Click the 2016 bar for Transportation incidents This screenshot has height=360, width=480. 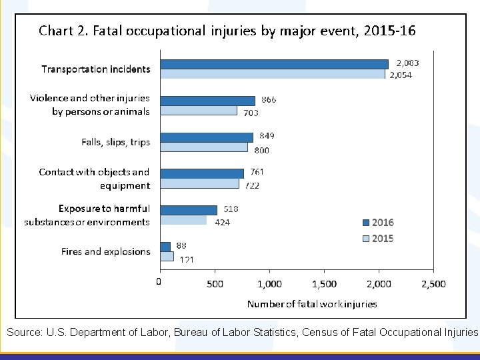(x=274, y=64)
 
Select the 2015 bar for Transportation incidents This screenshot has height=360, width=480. (x=273, y=74)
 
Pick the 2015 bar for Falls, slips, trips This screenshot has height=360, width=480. (x=204, y=147)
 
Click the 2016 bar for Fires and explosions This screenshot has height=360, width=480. (x=165, y=247)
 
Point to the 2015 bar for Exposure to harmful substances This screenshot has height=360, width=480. (x=183, y=220)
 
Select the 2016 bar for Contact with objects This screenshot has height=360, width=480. (x=202, y=173)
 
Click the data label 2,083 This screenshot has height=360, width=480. (x=408, y=62)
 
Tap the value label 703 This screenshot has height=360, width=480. (x=251, y=113)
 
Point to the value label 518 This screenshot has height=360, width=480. (x=231, y=209)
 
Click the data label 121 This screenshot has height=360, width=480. (x=186, y=260)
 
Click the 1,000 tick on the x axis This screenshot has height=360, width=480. (x=269, y=284)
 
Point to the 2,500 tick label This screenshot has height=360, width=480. (x=433, y=284)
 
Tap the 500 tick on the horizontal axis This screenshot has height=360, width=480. (x=215, y=284)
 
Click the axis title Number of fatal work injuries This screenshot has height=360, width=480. (x=311, y=303)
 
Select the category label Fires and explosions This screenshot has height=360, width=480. (x=106, y=251)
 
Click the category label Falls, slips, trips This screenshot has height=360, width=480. (x=115, y=142)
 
